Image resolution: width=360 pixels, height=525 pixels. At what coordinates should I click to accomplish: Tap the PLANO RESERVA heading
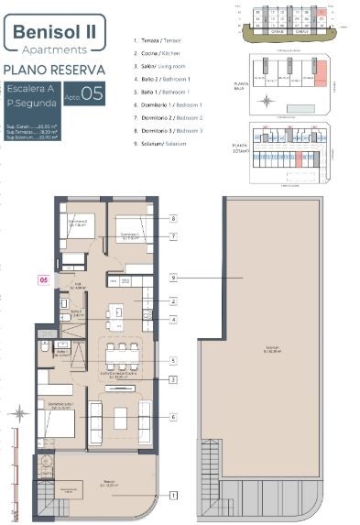click(51, 70)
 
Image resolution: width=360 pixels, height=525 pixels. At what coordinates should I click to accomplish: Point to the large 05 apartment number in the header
click(92, 93)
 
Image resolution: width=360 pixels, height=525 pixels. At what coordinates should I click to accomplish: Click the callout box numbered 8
click(173, 219)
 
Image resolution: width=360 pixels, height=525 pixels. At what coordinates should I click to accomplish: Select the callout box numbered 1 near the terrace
click(173, 496)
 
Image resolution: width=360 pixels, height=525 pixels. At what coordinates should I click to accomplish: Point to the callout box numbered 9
click(173, 278)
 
